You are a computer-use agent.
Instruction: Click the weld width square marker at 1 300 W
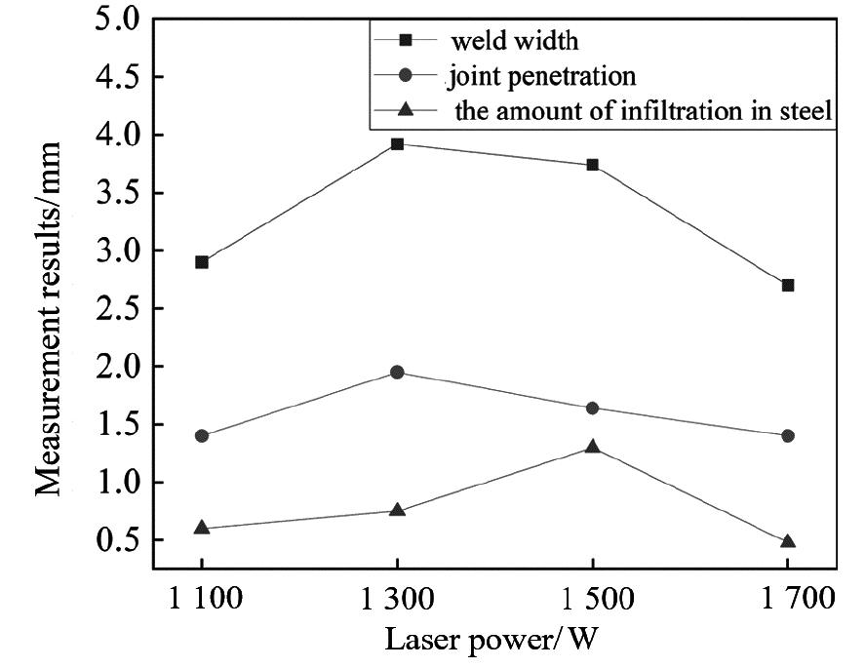[397, 144]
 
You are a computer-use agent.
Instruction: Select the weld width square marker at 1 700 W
[788, 285]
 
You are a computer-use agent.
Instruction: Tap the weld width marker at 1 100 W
[202, 262]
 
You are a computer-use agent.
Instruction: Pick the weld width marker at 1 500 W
[593, 165]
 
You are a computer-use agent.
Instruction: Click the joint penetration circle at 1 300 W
[397, 373]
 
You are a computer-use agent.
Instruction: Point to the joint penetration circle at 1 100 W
[202, 436]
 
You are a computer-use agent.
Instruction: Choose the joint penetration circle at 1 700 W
[788, 436]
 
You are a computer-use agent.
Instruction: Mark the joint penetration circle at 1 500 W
[593, 408]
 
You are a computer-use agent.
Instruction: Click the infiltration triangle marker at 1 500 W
[593, 447]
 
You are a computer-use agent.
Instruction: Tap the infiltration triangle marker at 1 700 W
[788, 541]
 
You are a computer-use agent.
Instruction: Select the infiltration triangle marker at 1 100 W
[202, 528]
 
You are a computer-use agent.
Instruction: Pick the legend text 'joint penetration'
[540, 76]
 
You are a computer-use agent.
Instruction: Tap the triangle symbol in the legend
[406, 111]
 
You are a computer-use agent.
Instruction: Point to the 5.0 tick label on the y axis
[118, 20]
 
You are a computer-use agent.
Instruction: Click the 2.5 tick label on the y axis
[118, 309]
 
